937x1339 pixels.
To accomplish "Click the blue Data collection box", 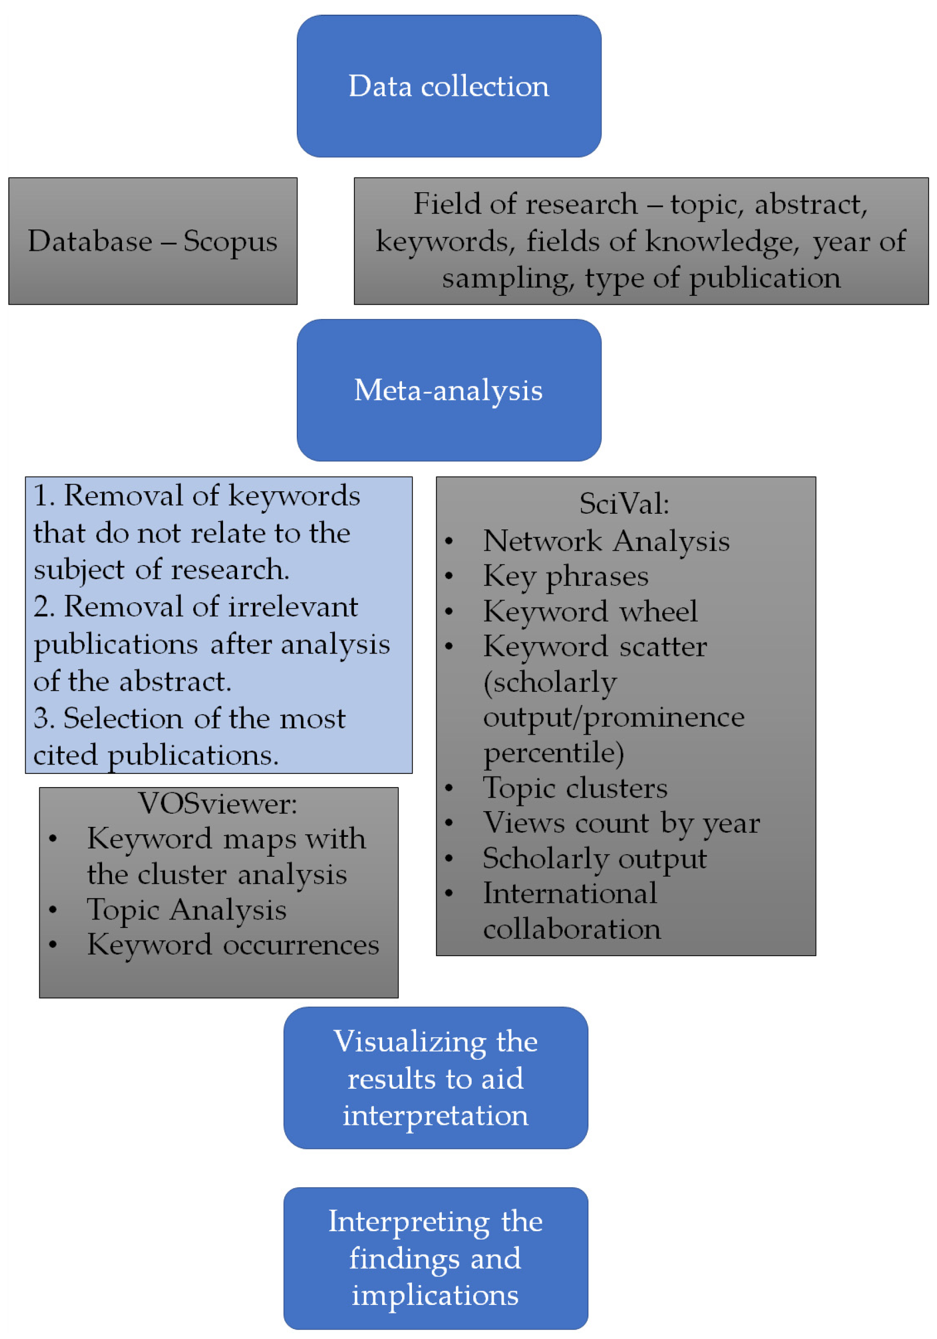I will pos(449,86).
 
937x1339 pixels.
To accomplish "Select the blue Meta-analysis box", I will pos(449,390).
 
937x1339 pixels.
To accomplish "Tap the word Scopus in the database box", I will pos(230,241).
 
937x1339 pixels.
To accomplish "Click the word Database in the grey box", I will pos(90,241).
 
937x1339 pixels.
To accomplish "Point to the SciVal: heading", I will pos(624,503).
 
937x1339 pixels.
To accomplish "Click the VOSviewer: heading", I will pos(217,804).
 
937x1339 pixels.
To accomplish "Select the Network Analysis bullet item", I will pos(606,540).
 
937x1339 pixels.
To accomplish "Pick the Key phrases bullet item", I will pos(565,576).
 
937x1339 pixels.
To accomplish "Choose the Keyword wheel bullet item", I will pos(590,611).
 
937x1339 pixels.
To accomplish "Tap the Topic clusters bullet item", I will pos(575,788).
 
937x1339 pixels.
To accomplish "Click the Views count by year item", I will pos(621,823).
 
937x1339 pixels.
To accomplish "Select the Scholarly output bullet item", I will pos(595,858).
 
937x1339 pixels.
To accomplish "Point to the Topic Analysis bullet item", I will pos(186,910).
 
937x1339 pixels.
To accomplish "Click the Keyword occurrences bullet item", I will pos(232,945).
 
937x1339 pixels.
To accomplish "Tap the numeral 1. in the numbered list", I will pos(44,496).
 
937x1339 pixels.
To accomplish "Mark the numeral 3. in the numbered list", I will pos(44,718).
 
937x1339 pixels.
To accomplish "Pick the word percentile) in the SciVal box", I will pos(553,753).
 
